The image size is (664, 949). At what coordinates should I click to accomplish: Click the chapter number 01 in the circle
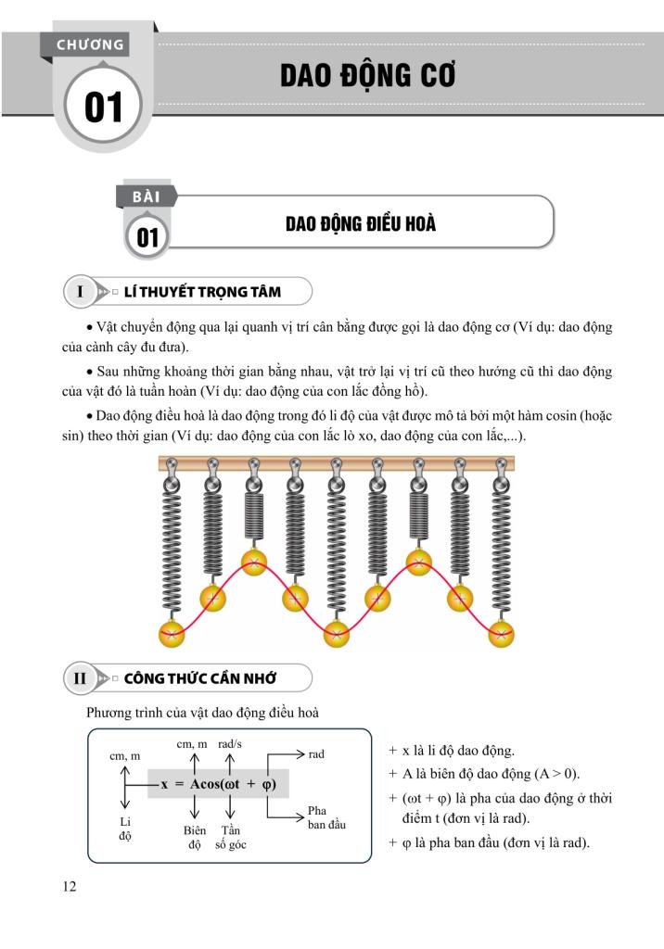click(103, 108)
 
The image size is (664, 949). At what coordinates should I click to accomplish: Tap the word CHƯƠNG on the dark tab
click(90, 44)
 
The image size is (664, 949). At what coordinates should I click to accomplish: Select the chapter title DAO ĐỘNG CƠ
click(368, 76)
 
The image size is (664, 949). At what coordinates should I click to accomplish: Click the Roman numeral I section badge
click(81, 292)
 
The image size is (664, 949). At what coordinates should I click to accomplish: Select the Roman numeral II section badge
click(81, 678)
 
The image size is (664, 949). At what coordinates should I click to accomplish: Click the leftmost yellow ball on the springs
click(172, 635)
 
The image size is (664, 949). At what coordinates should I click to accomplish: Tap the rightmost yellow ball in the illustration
click(501, 635)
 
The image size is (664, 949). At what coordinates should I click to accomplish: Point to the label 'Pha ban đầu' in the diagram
click(326, 817)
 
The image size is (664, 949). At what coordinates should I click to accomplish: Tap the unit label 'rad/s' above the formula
click(231, 744)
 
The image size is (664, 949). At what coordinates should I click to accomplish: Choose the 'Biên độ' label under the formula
click(195, 837)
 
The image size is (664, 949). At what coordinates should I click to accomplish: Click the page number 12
click(70, 887)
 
